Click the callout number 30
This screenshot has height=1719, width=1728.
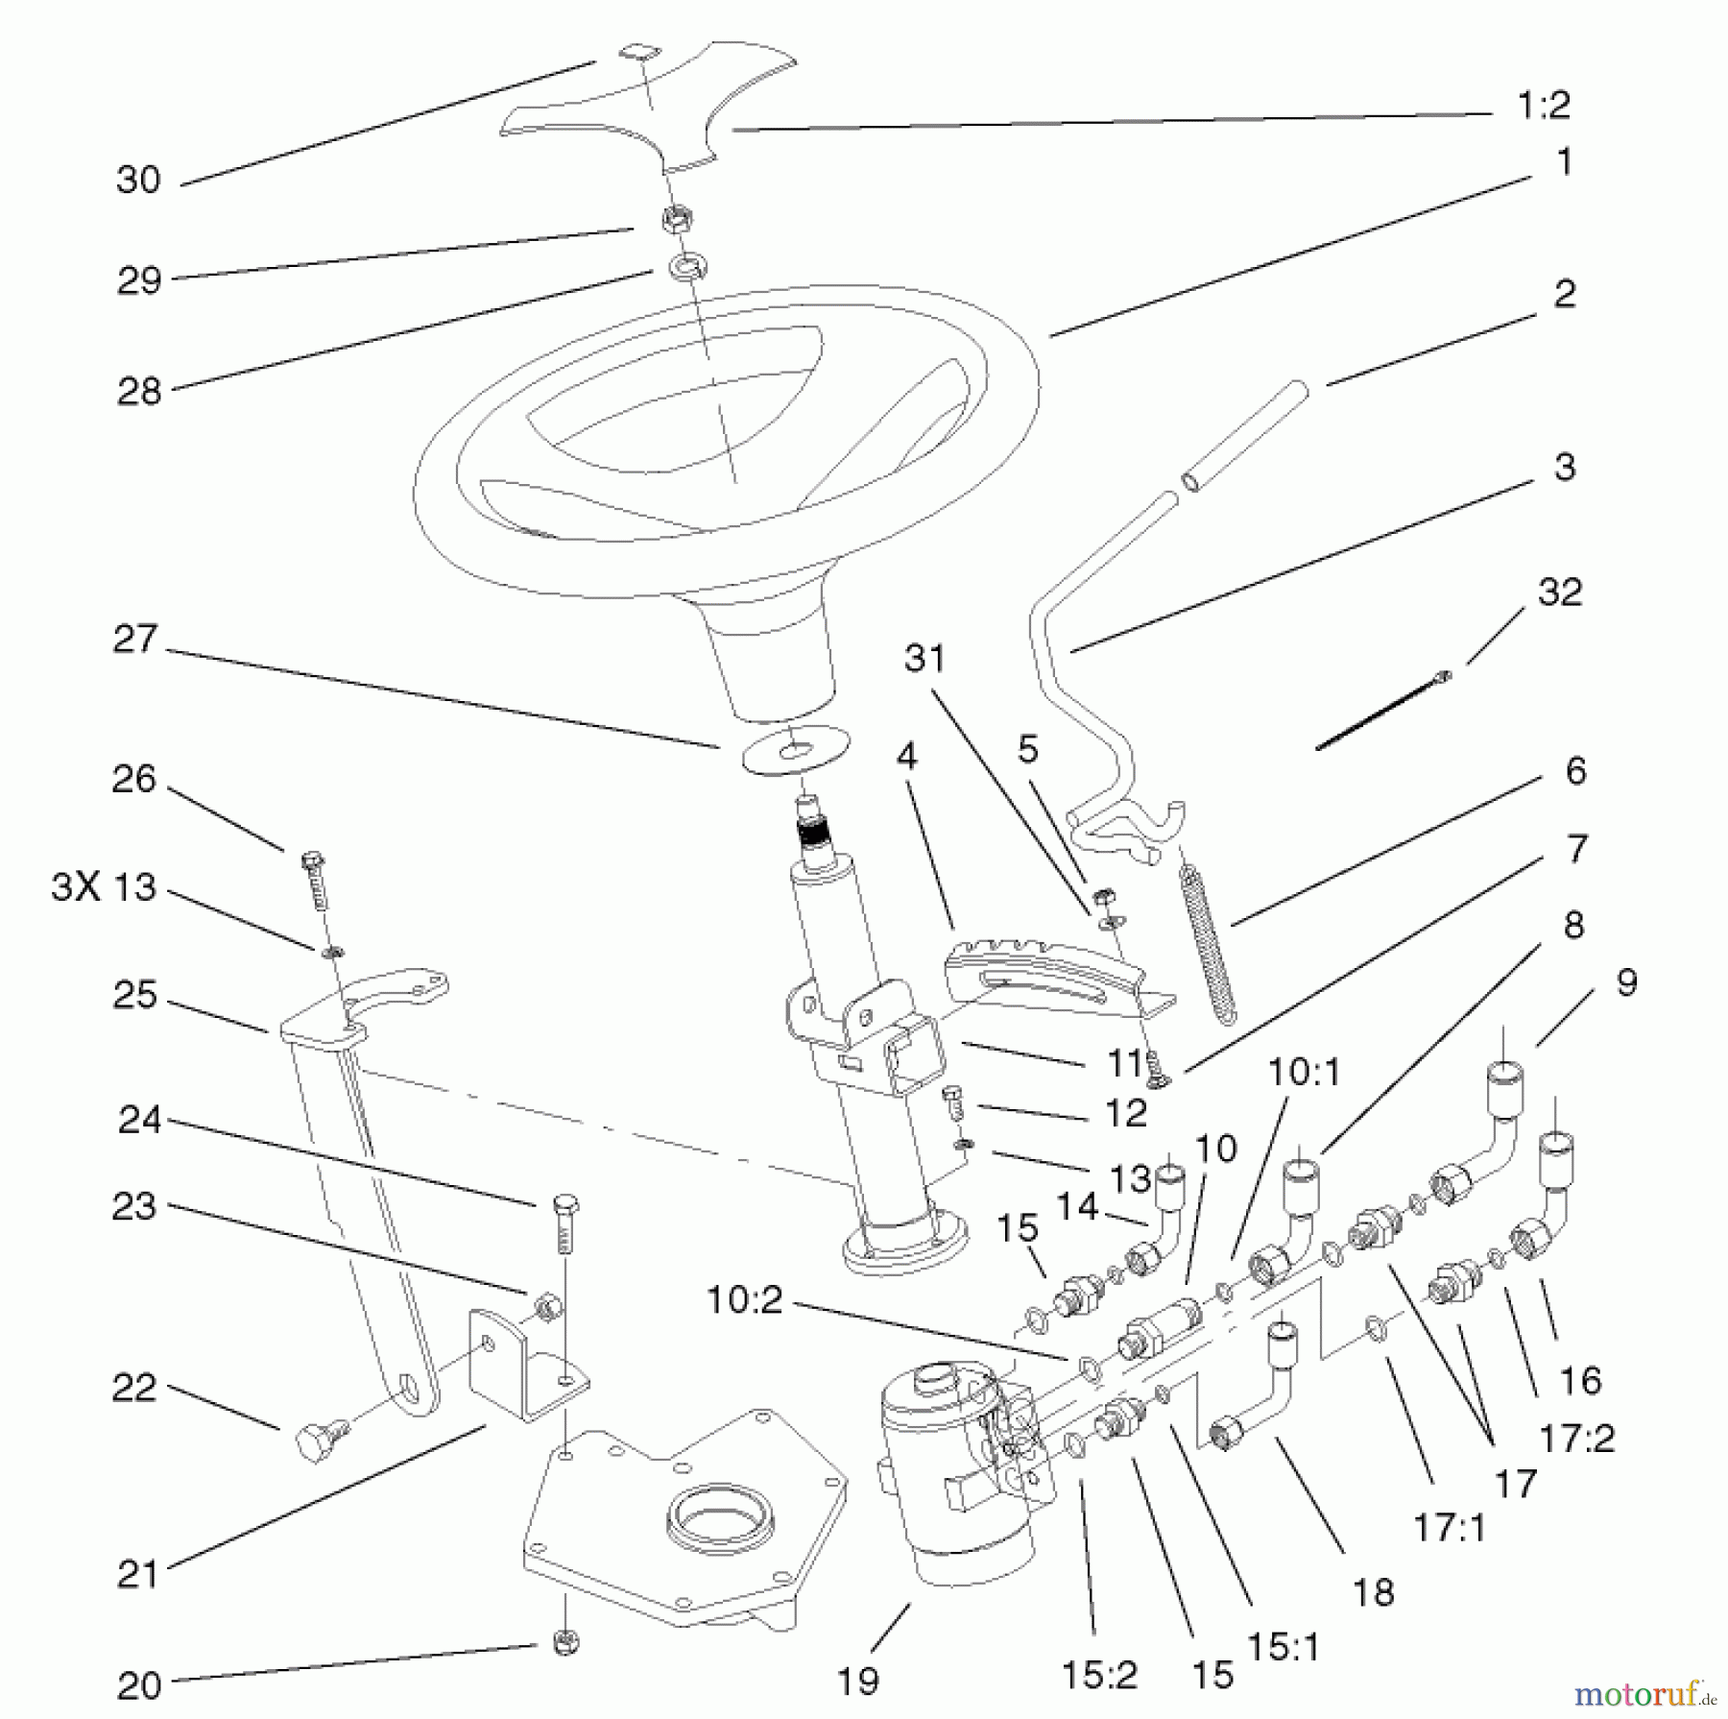pyautogui.click(x=138, y=180)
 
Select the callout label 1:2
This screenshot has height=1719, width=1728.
pyautogui.click(x=1544, y=106)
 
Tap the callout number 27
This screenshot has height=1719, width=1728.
pyautogui.click(x=135, y=640)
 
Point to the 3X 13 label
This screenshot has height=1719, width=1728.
pyautogui.click(x=104, y=887)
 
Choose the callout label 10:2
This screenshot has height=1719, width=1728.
pyautogui.click(x=745, y=1300)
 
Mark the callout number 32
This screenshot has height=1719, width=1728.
pyautogui.click(x=1559, y=592)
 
